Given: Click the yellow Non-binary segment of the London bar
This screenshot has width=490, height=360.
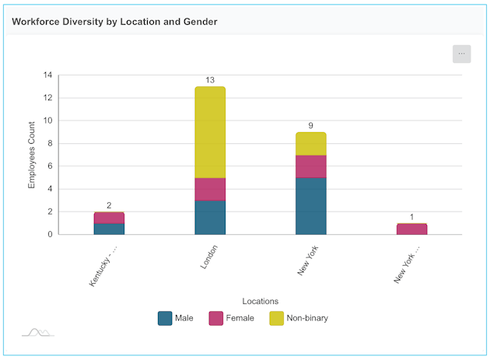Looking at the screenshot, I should (x=210, y=132).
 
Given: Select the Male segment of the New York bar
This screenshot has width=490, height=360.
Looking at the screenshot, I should (x=311, y=206).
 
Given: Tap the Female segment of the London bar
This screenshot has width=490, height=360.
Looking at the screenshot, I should (x=210, y=189).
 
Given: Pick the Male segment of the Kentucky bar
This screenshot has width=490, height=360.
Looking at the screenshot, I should (x=109, y=229).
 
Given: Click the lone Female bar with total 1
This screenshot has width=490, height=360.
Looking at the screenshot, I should (x=411, y=229).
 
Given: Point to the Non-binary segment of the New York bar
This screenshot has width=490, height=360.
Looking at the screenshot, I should (x=311, y=144).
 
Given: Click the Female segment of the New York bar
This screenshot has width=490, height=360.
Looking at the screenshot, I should (x=311, y=166).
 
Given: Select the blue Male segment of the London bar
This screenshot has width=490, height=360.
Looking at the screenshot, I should (x=210, y=217).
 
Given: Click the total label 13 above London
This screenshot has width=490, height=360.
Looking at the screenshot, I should (x=210, y=80).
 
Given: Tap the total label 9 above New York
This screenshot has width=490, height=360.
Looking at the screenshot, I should (x=311, y=125).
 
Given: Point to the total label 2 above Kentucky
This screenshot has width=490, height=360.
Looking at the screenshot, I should (x=109, y=205).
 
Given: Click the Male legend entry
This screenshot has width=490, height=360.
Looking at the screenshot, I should (x=176, y=318).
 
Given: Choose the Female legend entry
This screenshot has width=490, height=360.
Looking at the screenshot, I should (x=231, y=318).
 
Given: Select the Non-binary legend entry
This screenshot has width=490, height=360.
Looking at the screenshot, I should (x=298, y=318).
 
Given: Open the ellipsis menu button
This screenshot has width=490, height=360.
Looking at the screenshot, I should (x=462, y=54).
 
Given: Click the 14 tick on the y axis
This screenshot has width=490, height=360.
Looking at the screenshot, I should (x=47, y=75).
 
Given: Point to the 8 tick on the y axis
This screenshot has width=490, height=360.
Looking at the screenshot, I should (x=50, y=143).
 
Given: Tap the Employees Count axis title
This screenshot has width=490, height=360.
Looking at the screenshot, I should (x=32, y=155).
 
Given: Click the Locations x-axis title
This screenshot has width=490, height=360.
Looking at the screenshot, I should (x=261, y=301).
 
